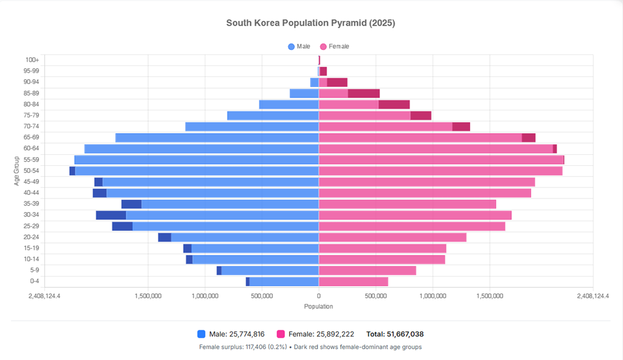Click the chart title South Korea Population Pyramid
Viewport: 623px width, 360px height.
310,23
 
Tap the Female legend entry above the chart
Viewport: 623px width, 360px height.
334,46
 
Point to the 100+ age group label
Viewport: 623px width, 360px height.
32,60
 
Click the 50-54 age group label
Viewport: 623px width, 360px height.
31,171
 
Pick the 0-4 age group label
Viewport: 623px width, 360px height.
34,282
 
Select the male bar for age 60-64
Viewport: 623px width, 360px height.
201,149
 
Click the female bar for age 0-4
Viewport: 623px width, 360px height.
353,282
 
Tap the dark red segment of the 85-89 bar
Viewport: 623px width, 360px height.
363,93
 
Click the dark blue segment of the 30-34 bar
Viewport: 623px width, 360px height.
111,215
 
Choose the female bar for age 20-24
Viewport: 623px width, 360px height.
392,237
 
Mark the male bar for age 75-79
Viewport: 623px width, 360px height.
273,115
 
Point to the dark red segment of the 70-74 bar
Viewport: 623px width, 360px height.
461,126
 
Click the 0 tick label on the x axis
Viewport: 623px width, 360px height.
318,296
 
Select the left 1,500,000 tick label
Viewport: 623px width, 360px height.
148,296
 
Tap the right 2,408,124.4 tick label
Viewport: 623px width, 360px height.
593,296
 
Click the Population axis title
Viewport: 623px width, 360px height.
318,306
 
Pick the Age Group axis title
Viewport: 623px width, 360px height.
17,171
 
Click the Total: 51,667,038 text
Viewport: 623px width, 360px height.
395,334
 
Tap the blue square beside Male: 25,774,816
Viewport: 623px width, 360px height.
201,334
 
